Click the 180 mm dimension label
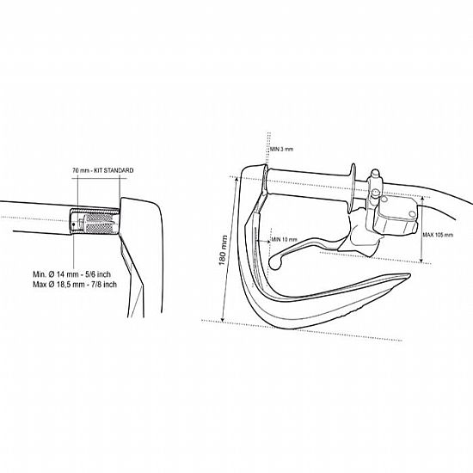(223, 250)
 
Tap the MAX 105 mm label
(438, 235)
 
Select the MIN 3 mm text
(281, 149)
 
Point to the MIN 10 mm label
(284, 240)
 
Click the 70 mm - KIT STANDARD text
(102, 170)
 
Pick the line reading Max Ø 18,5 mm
(75, 285)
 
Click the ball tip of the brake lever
(275, 262)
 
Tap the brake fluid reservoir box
(396, 216)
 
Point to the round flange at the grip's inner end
(353, 188)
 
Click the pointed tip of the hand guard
(408, 275)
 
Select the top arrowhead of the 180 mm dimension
(237, 179)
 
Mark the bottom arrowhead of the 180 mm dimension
(223, 319)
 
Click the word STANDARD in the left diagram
(119, 170)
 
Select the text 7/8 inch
(103, 285)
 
